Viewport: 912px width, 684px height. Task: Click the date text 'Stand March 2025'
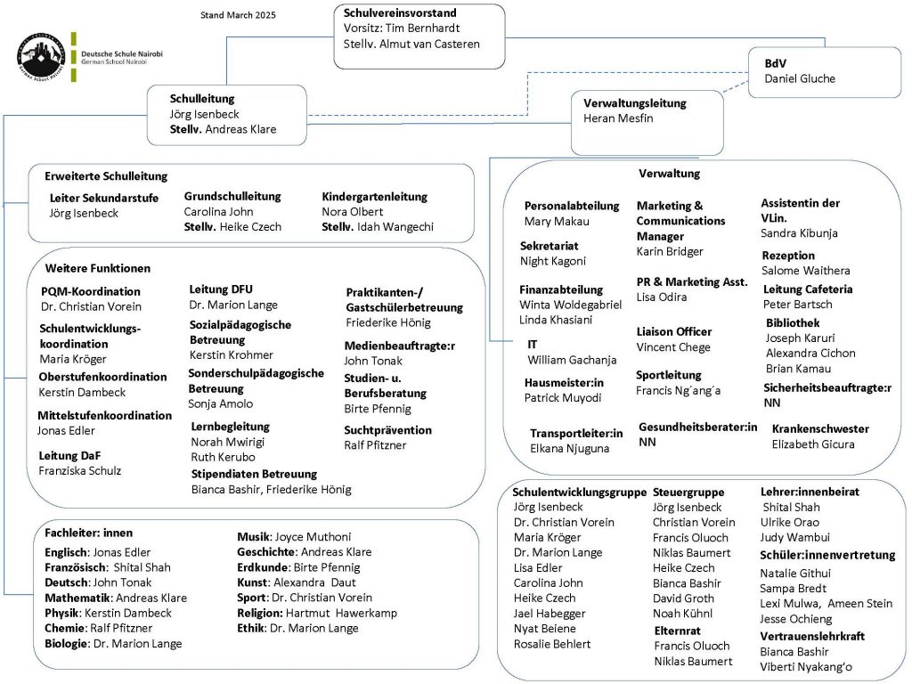[239, 15]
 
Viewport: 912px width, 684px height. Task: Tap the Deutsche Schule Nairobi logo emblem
[41, 59]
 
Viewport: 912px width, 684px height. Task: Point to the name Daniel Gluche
[800, 78]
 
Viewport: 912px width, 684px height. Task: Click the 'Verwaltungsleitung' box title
[635, 103]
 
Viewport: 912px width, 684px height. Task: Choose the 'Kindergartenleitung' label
[374, 197]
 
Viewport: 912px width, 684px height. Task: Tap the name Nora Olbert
[352, 212]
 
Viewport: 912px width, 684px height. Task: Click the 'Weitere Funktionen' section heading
[97, 268]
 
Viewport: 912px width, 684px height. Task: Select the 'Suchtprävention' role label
[387, 430]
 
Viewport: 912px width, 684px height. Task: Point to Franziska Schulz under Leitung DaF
[79, 470]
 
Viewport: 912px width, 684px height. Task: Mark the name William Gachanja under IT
[572, 360]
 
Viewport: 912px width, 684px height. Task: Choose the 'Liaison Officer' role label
[673, 331]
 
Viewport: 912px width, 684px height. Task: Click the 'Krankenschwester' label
[820, 428]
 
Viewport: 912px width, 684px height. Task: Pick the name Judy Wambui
[795, 537]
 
